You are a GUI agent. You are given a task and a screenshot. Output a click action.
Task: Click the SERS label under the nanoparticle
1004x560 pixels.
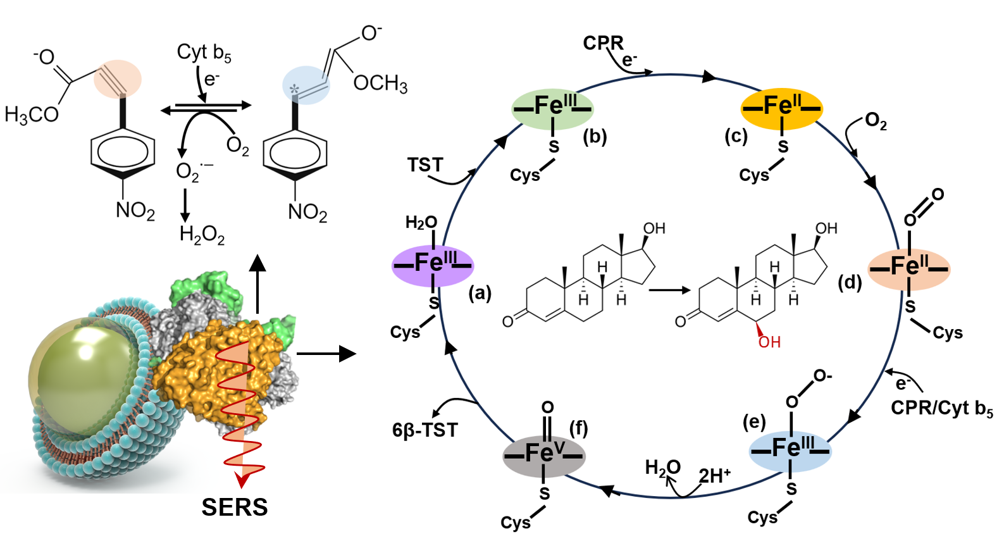[235, 507]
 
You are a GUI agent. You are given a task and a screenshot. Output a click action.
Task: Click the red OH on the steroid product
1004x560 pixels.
[769, 342]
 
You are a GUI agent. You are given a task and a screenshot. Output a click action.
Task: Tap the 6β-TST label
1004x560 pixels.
[425, 430]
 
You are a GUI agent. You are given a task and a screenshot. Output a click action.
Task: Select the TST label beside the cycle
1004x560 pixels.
[425, 165]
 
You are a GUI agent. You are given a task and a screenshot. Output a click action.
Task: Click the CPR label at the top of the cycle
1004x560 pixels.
[603, 43]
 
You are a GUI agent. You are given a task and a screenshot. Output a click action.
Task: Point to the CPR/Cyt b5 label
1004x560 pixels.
[941, 409]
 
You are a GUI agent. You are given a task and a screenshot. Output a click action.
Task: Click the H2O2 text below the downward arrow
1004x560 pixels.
[202, 235]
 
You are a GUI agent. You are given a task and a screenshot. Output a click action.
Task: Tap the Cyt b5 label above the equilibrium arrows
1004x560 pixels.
[204, 53]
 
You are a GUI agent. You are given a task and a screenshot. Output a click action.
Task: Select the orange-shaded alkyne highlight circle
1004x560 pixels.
[118, 79]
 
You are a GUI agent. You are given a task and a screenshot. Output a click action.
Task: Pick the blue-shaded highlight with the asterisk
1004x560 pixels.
[306, 85]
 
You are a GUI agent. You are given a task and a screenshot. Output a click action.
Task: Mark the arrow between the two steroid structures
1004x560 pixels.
[669, 290]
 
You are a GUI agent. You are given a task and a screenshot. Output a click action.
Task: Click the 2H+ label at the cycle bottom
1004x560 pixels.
[715, 476]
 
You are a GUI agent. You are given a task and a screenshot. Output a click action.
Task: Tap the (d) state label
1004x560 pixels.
[850, 283]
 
